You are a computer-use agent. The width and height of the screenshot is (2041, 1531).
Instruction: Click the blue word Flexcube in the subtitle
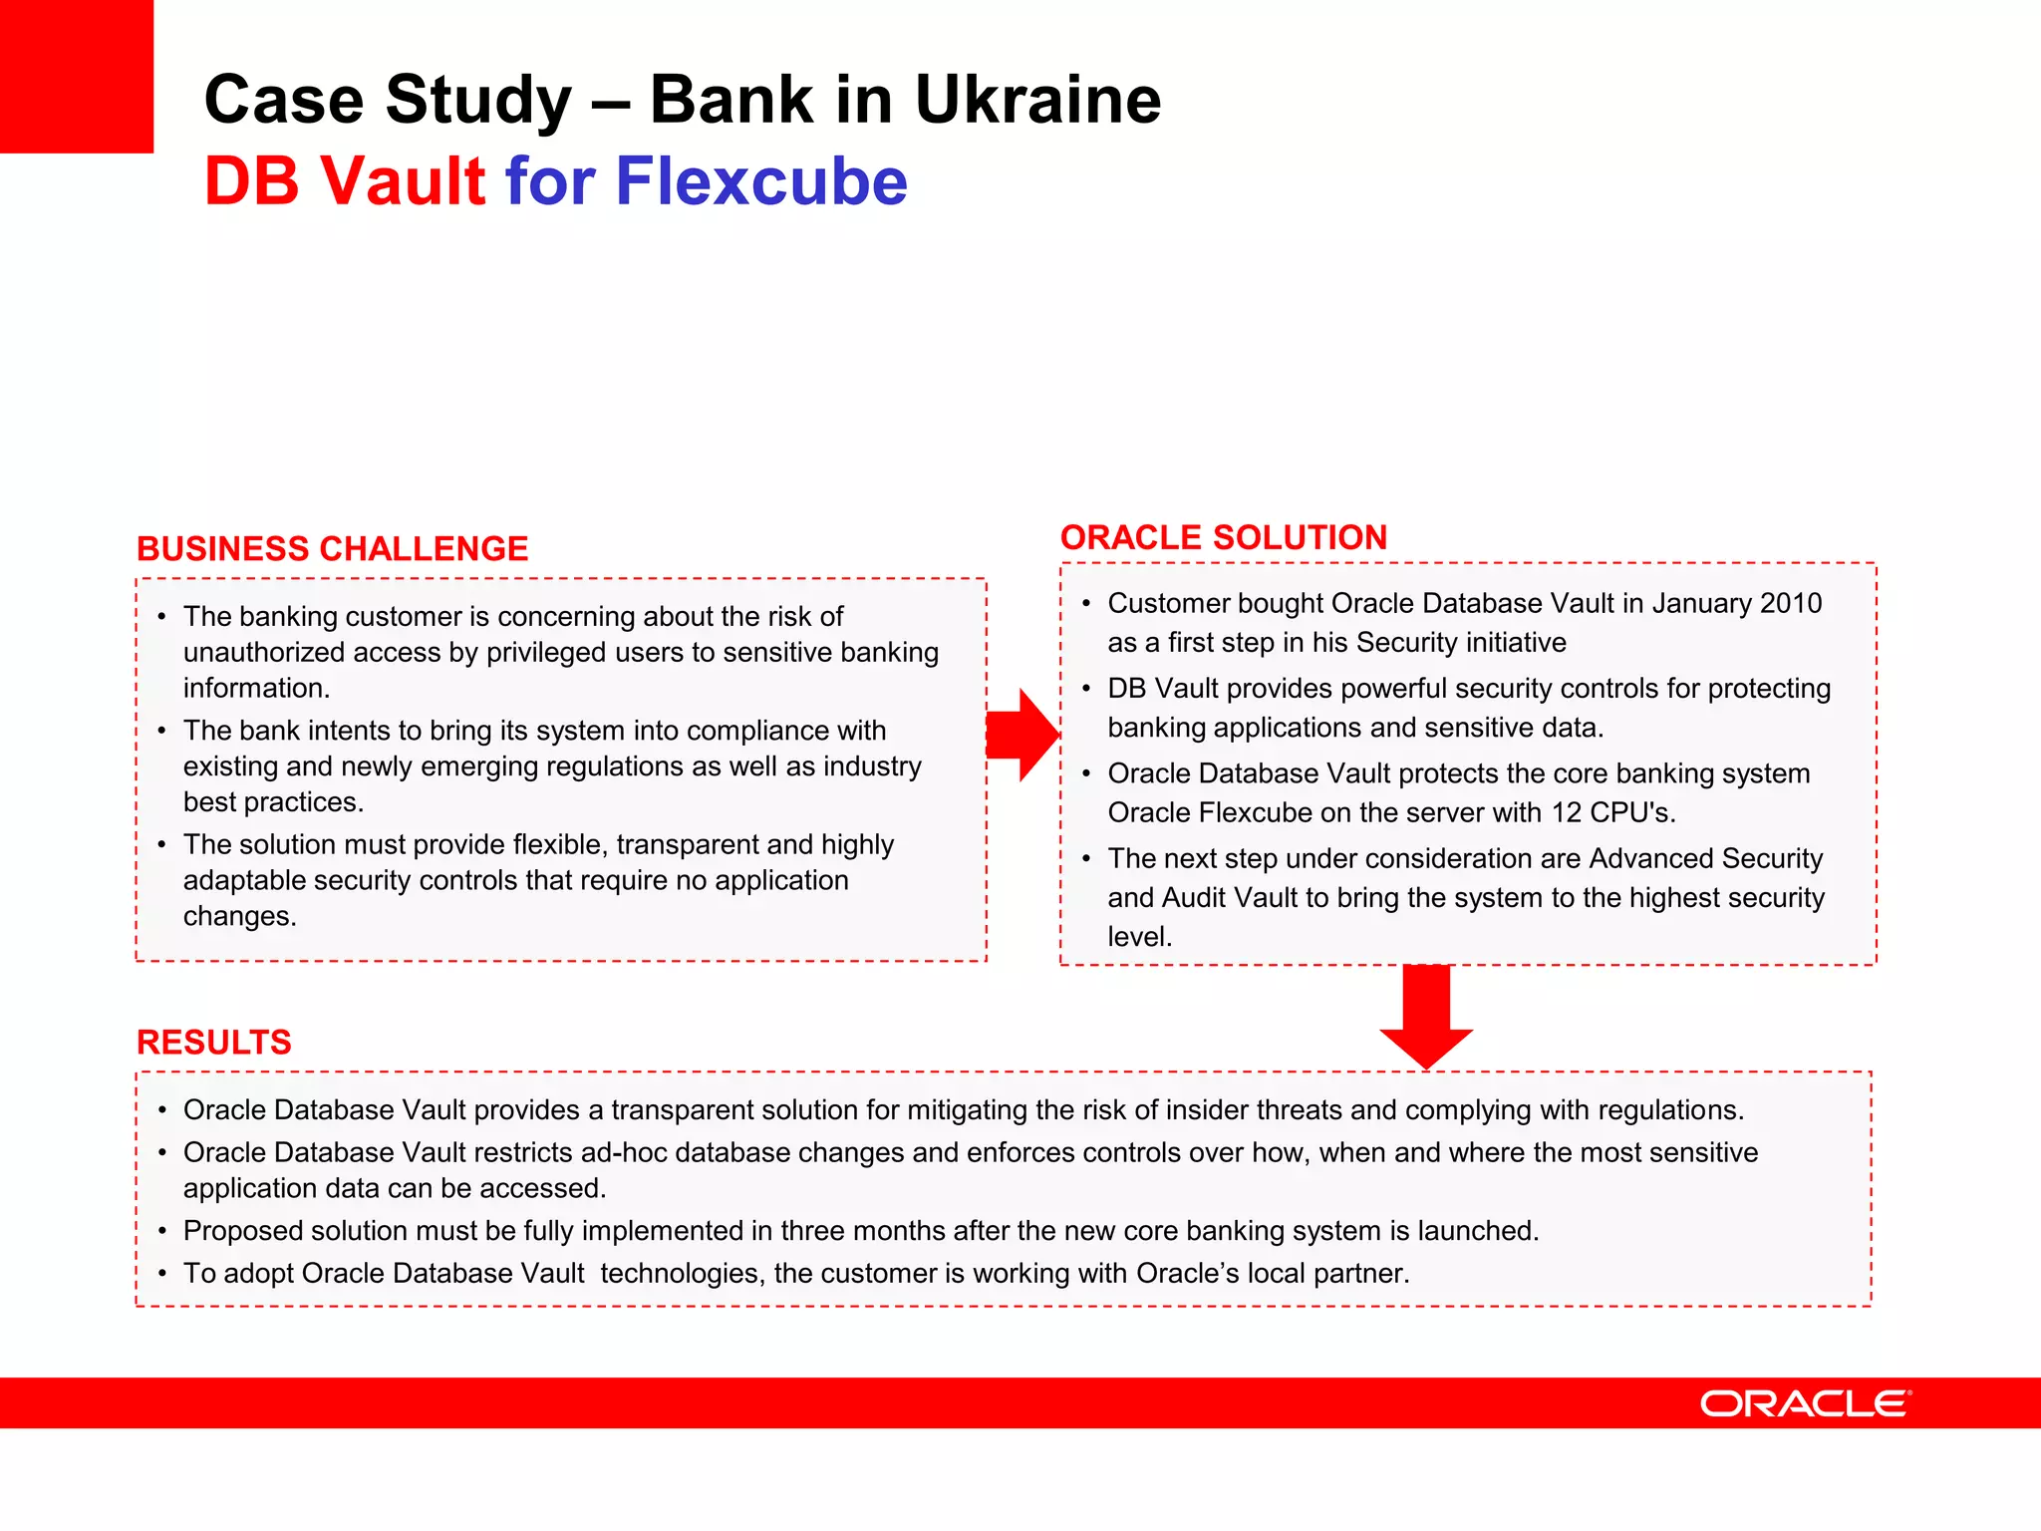pyautogui.click(x=761, y=181)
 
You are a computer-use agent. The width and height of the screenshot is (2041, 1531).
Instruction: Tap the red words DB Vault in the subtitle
pyautogui.click(x=345, y=181)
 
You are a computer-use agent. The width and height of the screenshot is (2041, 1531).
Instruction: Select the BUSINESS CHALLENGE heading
pyautogui.click(x=332, y=549)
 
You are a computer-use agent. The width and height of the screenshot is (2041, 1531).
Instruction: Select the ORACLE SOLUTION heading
pyautogui.click(x=1223, y=537)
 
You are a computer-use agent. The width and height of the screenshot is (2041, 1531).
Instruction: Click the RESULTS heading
pyautogui.click(x=213, y=1043)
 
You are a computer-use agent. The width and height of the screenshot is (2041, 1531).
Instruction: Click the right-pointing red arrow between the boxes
pyautogui.click(x=1024, y=735)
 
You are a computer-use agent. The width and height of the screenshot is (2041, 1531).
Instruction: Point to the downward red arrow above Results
pyautogui.click(x=1426, y=1022)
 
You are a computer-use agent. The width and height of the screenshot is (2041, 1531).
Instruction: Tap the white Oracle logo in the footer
pyautogui.click(x=1805, y=1403)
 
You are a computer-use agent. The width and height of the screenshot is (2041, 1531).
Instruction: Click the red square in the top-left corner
pyautogui.click(x=76, y=76)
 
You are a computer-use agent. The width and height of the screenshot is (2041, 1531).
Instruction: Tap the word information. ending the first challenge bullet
pyautogui.click(x=256, y=689)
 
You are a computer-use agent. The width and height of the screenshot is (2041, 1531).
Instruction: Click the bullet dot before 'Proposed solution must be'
pyautogui.click(x=161, y=1232)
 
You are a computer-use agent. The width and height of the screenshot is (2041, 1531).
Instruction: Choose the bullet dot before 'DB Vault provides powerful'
pyautogui.click(x=1086, y=689)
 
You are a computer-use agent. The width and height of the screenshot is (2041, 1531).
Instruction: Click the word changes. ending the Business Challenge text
pyautogui.click(x=239, y=917)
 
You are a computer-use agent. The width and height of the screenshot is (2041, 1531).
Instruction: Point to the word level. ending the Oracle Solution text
pyautogui.click(x=1139, y=937)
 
